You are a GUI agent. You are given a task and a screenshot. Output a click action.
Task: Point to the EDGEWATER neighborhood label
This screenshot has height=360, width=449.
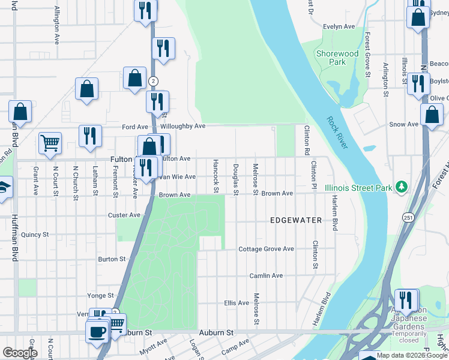coord(296,220)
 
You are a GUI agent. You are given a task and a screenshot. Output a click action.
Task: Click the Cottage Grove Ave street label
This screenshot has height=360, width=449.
coord(266,249)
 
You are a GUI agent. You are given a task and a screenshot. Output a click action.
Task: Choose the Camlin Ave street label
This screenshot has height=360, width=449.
coord(266,275)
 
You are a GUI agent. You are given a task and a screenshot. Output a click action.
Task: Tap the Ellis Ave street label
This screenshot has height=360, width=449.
coord(236,303)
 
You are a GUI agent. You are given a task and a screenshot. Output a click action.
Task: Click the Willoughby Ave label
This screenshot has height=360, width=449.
coord(183,127)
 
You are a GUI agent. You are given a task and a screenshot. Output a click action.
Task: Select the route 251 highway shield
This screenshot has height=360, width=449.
coord(409,217)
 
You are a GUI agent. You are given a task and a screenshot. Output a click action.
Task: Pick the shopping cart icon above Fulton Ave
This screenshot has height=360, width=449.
coord(49,143)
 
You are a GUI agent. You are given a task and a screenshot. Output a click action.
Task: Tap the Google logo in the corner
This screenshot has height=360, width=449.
coord(20,353)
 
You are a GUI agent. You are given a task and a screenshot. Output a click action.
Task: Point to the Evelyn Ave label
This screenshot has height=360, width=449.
coord(340,27)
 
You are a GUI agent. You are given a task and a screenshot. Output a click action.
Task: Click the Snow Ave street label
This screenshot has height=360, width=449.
coord(403,124)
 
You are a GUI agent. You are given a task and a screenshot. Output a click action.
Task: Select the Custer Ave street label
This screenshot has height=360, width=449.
coord(124,215)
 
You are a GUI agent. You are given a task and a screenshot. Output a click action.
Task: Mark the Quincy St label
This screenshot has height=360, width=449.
coord(34,235)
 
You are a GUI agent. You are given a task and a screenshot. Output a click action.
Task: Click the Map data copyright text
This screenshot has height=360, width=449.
coord(409,355)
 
